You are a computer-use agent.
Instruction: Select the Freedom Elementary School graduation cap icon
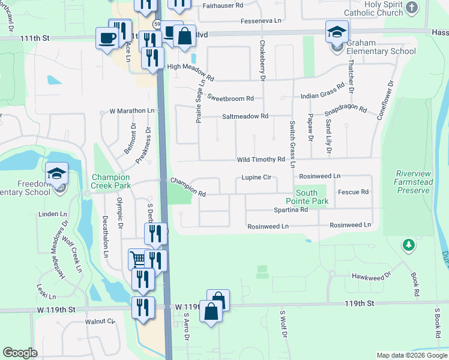(x=57, y=174)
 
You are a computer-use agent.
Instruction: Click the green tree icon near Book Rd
(x=408, y=245)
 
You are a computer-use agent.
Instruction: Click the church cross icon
(x=412, y=7)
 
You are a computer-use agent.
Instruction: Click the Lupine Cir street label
(x=257, y=178)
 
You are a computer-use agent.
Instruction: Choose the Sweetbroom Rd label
(x=231, y=97)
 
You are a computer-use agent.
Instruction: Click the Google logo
(x=20, y=353)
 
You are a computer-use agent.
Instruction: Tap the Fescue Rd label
(x=353, y=192)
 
